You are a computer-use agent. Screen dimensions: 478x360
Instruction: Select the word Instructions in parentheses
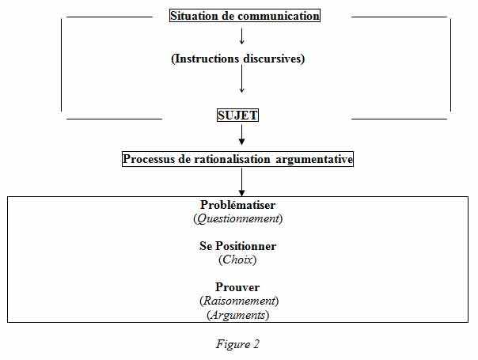pos(205,59)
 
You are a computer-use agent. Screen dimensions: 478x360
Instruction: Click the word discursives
pos(274,59)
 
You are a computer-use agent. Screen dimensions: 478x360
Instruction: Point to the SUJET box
pos(237,116)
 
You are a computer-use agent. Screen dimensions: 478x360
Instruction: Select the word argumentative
pos(314,159)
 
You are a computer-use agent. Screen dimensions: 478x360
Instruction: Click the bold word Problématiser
pos(237,205)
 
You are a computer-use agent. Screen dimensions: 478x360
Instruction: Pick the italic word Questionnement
pos(237,218)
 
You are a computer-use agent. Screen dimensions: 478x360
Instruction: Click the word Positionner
pos(245,246)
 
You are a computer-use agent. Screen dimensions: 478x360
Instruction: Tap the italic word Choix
pos(237,260)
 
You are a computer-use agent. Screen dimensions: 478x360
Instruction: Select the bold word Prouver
pos(237,287)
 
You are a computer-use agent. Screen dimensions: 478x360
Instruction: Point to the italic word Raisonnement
pos(239,301)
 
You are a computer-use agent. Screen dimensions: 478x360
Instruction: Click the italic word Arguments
pos(237,315)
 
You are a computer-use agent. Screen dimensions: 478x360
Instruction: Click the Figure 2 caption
pos(237,344)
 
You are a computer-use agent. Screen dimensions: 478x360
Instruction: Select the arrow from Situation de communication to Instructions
pos(241,36)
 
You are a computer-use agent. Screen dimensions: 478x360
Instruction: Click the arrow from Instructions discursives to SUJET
pos(241,79)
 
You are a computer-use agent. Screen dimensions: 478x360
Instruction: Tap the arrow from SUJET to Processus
pos(241,135)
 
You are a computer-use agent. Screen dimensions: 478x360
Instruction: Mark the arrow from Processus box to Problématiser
pos(241,182)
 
